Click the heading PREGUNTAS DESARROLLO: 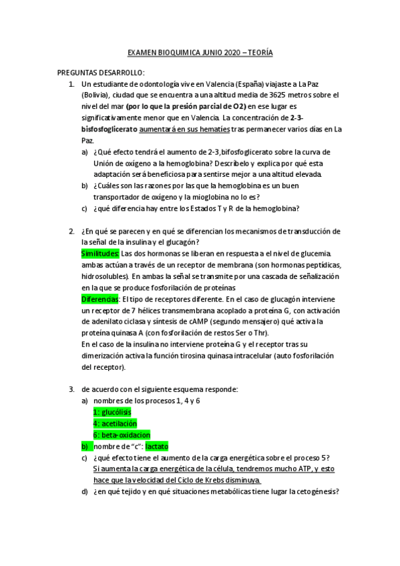point(100,73)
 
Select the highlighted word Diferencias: point(100,300)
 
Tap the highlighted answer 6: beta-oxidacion point(122,435)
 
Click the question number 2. point(71,232)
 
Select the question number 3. point(71,389)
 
